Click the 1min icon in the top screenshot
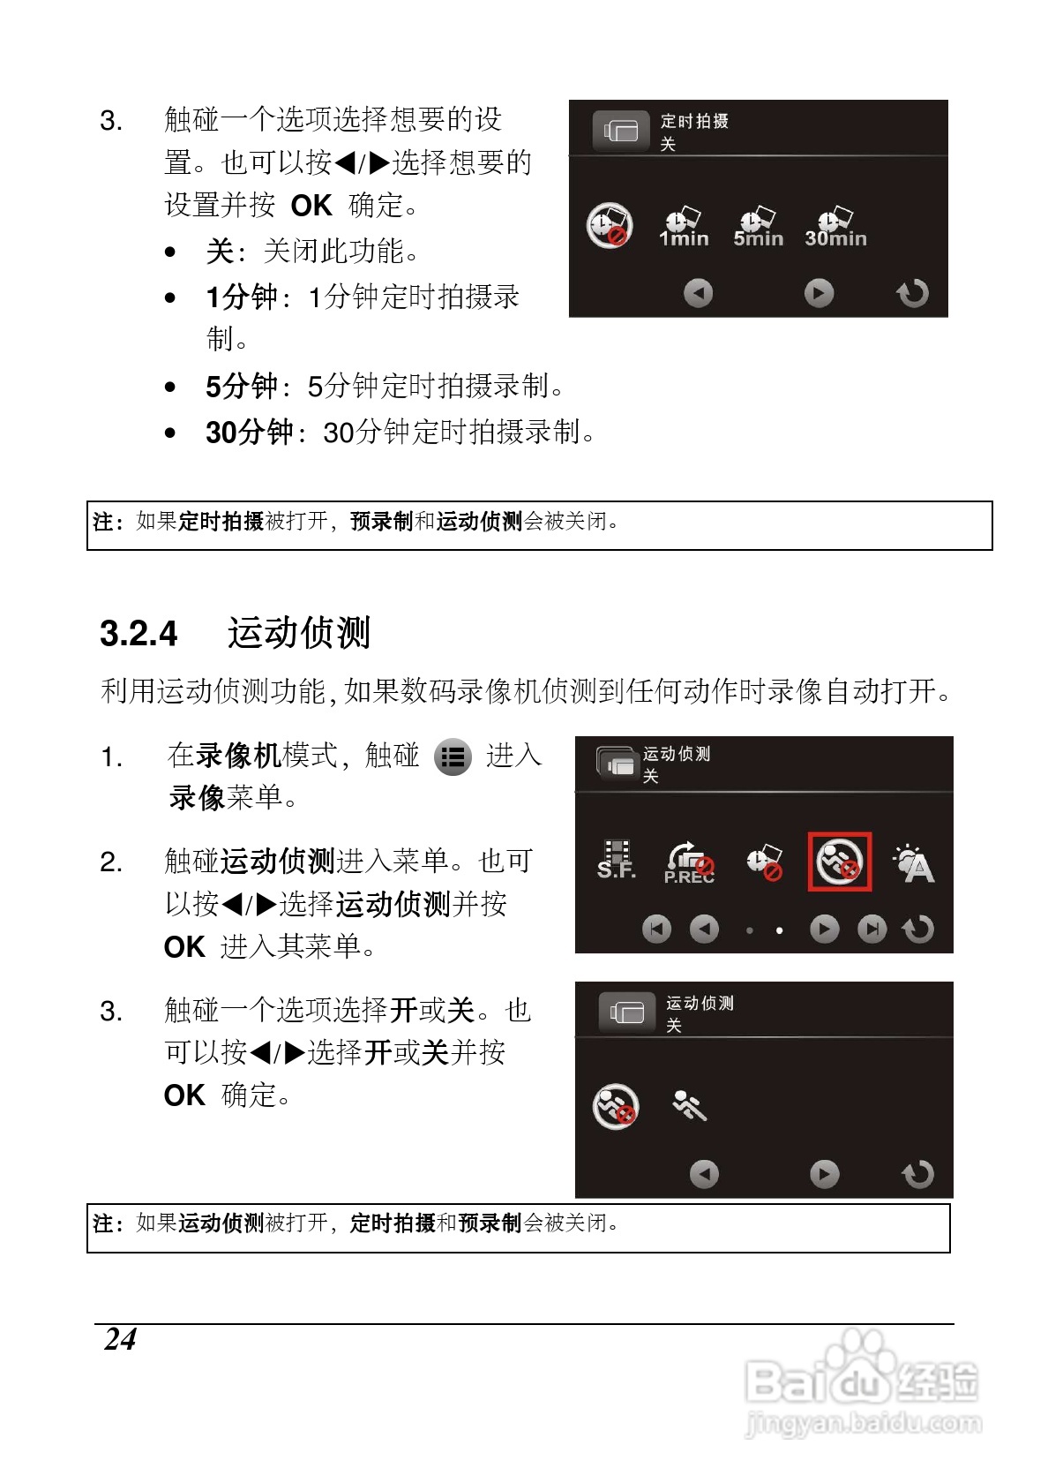(683, 227)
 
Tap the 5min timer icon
(758, 227)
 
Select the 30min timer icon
(835, 227)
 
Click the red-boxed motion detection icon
(839, 862)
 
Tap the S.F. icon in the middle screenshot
(617, 861)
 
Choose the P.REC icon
(689, 862)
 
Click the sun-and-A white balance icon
(914, 863)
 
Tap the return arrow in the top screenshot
(912, 293)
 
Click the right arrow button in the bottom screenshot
(824, 1174)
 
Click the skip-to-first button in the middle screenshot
(656, 929)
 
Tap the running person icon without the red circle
(689, 1105)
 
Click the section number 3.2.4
(138, 634)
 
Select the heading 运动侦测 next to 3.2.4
(299, 633)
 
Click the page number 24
(120, 1339)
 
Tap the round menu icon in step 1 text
(453, 757)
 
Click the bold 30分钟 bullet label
(249, 432)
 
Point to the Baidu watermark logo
(860, 1382)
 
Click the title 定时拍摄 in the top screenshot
(694, 121)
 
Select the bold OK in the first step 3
(311, 206)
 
